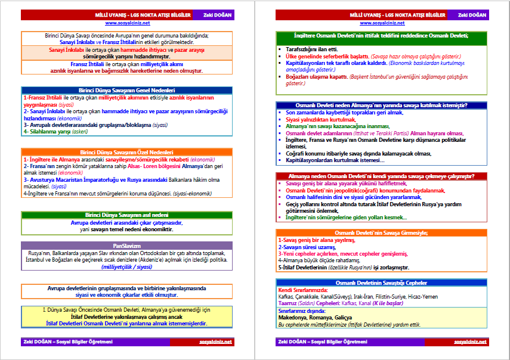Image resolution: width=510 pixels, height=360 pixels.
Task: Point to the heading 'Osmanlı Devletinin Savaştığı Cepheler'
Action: coord(382,283)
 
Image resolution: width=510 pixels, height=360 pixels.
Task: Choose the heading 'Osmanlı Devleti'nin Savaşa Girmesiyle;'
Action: coord(382,232)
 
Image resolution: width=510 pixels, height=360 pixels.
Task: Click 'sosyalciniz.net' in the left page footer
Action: coord(216,342)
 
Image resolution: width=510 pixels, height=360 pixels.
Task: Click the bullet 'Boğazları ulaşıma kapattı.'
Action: coord(313,76)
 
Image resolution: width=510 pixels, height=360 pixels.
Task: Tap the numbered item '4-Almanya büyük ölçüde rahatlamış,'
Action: coord(319,260)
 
